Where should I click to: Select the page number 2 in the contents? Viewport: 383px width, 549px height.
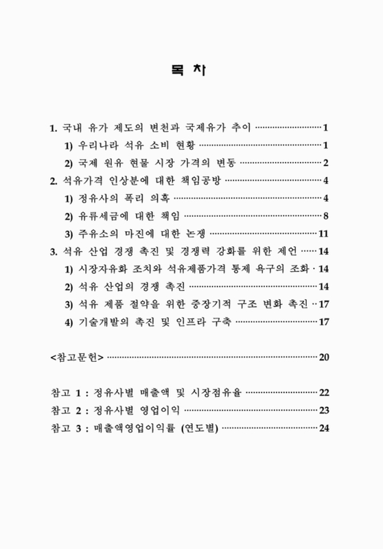[x=327, y=163]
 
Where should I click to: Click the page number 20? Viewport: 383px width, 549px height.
[x=325, y=357]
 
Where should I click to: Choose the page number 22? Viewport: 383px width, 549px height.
[x=325, y=393]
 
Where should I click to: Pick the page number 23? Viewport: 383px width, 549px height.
[x=325, y=410]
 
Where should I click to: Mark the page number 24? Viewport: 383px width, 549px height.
[x=325, y=428]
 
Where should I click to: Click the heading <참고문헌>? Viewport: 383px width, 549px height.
[x=77, y=357]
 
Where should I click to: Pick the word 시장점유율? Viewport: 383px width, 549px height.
[x=218, y=393]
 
